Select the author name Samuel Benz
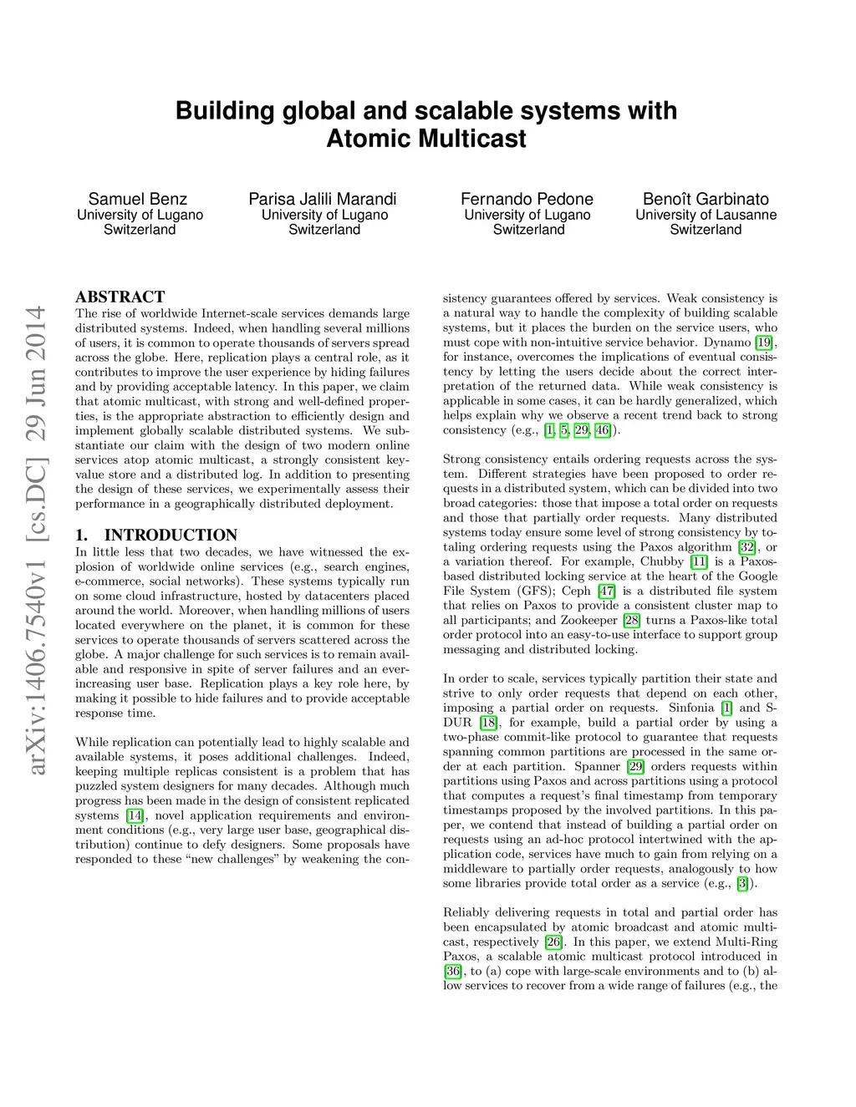[x=138, y=199]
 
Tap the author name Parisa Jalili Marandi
[x=323, y=199]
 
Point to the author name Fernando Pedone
[x=527, y=199]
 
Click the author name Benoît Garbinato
[x=706, y=199]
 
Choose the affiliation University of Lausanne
[x=706, y=215]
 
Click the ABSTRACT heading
[x=120, y=297]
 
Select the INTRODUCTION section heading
[x=171, y=535]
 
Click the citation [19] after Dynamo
[x=763, y=343]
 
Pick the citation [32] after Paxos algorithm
[x=746, y=547]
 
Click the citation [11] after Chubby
[x=699, y=561]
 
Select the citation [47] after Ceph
[x=607, y=591]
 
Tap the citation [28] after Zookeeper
[x=632, y=620]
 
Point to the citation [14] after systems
[x=135, y=815]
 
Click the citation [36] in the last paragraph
[x=452, y=971]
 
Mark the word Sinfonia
[x=690, y=708]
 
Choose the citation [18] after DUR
[x=489, y=723]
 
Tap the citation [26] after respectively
[x=553, y=942]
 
